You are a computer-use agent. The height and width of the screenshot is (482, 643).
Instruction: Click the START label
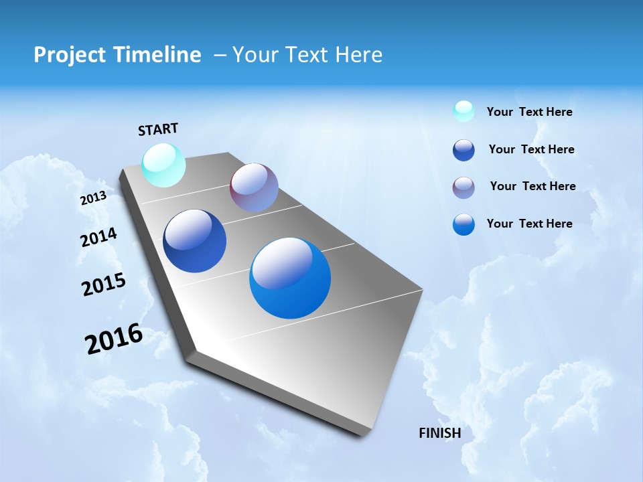(x=158, y=129)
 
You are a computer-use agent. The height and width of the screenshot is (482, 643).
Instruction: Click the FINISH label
(x=440, y=433)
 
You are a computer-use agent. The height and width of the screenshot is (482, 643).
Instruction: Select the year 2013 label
(x=93, y=198)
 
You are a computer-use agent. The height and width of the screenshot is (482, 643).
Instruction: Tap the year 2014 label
(x=98, y=237)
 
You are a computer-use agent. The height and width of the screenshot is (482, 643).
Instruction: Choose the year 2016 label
(x=114, y=338)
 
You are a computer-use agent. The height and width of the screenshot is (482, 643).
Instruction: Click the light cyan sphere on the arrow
(x=164, y=165)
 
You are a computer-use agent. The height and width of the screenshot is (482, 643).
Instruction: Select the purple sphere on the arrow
(x=254, y=187)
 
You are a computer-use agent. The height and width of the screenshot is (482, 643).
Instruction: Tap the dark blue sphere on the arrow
(x=194, y=241)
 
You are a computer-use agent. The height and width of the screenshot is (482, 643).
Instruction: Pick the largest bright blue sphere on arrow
(x=290, y=278)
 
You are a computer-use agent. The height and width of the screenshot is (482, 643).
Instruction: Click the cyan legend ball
(x=463, y=111)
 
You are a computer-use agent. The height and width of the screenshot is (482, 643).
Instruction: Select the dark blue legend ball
(x=463, y=150)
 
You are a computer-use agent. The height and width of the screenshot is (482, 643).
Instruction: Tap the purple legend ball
(x=463, y=187)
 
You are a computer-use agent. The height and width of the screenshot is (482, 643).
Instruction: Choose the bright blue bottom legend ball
(x=463, y=224)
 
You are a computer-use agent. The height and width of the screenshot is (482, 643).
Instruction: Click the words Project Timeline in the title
(x=117, y=55)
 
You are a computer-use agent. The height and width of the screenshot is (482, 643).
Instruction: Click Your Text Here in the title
(x=307, y=55)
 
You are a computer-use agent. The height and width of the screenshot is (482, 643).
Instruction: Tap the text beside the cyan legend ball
(x=529, y=112)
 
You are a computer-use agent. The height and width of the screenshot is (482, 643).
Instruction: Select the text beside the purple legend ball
(x=532, y=186)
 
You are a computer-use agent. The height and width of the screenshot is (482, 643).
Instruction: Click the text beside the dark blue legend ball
(x=531, y=149)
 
